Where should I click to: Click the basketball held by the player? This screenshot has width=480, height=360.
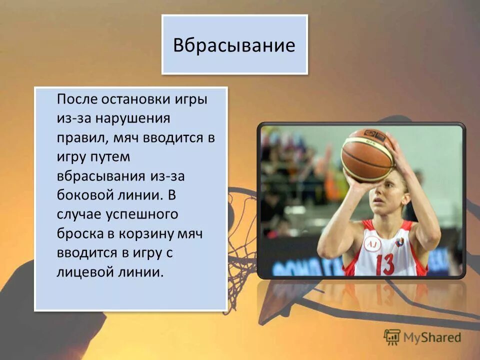(367, 155)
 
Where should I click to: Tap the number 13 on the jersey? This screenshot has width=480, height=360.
(385, 261)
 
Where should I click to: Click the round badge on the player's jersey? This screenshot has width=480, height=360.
(372, 244)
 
